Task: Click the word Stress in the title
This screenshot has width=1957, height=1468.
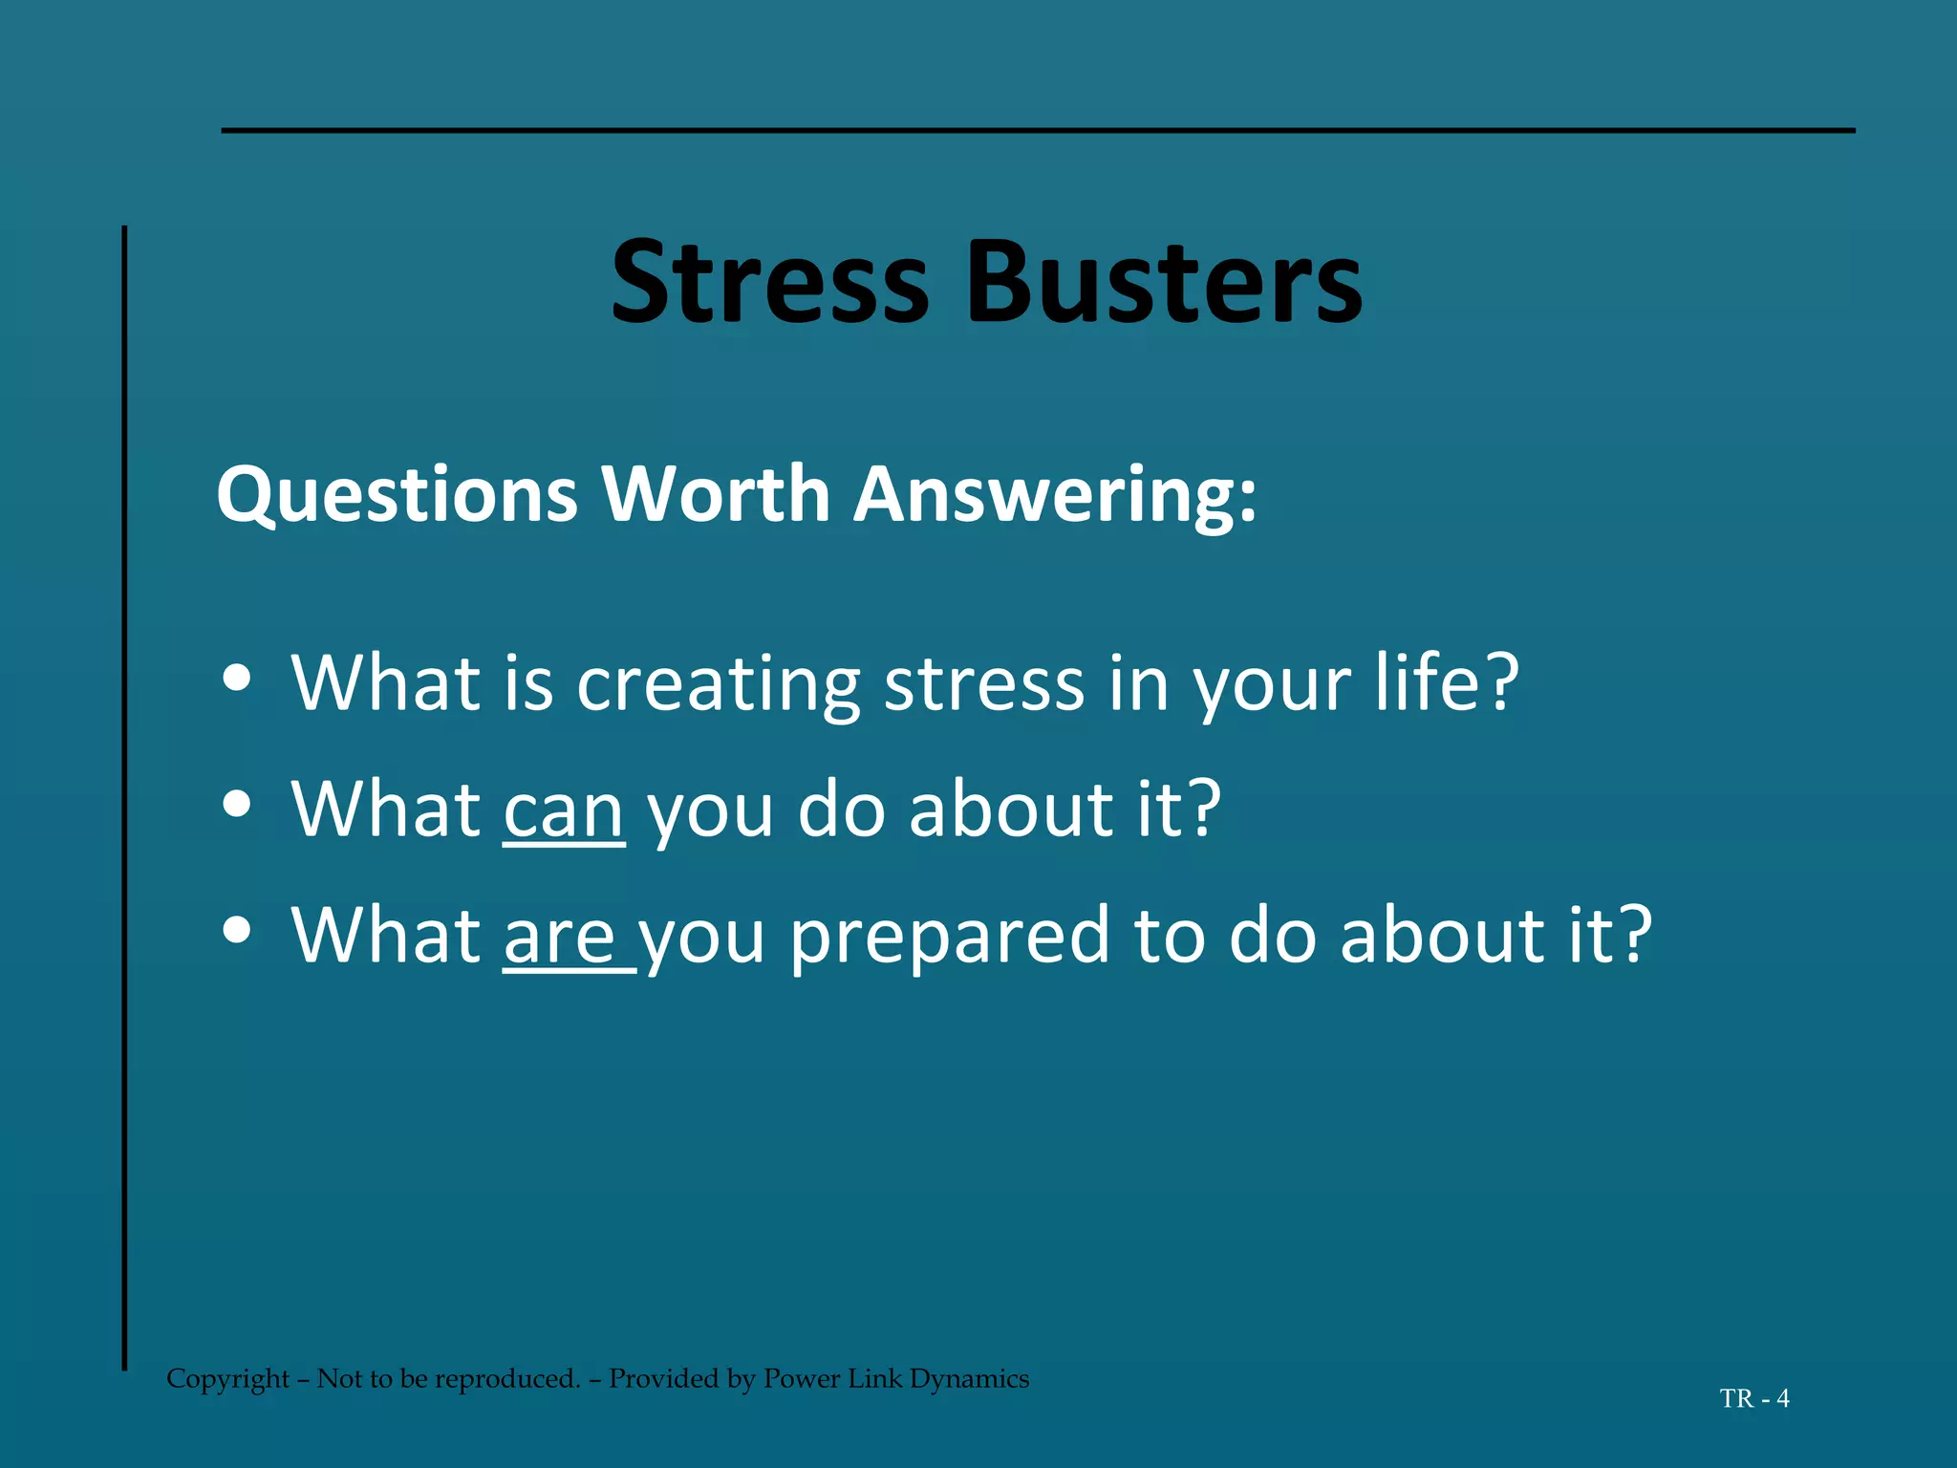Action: (x=769, y=284)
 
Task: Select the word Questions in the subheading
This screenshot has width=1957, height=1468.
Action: (x=397, y=495)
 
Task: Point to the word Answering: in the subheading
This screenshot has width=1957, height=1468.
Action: (x=1055, y=495)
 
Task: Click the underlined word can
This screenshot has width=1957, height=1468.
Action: (x=564, y=810)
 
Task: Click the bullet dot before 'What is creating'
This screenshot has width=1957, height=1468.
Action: (x=236, y=679)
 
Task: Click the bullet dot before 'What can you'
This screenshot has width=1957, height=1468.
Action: (x=236, y=805)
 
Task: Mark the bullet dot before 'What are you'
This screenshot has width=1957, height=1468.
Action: (x=236, y=930)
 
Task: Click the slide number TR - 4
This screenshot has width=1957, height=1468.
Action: (x=1754, y=1399)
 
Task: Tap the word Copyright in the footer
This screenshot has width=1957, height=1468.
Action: (x=227, y=1379)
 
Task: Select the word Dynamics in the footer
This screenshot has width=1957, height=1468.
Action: (x=969, y=1379)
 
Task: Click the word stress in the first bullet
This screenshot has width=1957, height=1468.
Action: (x=985, y=684)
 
